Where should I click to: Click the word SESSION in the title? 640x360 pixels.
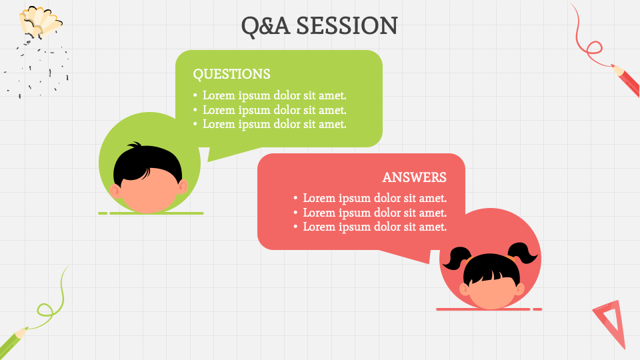pos(347,26)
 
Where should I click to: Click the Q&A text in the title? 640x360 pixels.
pos(265,26)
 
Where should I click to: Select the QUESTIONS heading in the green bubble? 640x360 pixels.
pos(231,74)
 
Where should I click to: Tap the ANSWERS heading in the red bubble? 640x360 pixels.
pos(414,177)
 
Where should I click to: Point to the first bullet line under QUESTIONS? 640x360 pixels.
pos(274,95)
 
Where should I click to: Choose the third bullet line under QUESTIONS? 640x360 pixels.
pos(274,124)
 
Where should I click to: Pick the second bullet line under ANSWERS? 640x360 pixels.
pos(374,213)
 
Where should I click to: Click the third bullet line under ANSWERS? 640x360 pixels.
pos(374,227)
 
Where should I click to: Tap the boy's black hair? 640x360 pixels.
pos(147,162)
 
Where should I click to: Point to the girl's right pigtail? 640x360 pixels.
pos(525,253)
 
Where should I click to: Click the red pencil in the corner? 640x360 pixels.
pos(626,81)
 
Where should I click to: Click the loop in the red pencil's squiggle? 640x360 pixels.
pos(593,47)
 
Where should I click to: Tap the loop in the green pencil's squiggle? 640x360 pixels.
pos(45,310)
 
